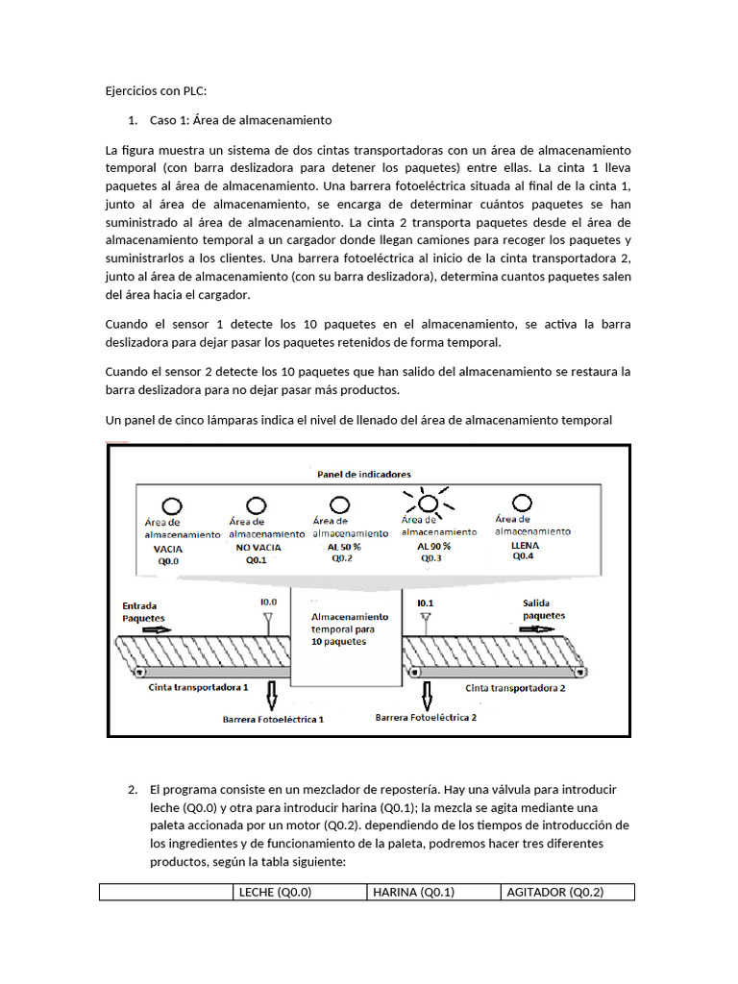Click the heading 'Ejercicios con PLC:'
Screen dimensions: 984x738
[156, 91]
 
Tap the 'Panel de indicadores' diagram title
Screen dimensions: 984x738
[364, 474]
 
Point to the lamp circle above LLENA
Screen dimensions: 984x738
[523, 503]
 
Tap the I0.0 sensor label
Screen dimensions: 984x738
[269, 603]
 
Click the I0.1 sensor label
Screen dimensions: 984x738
[426, 603]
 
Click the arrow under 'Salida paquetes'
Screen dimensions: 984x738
[537, 628]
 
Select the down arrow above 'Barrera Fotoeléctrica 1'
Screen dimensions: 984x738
[272, 692]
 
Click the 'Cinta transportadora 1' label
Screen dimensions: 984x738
[199, 688]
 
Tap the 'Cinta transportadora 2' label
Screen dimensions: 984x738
[515, 688]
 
